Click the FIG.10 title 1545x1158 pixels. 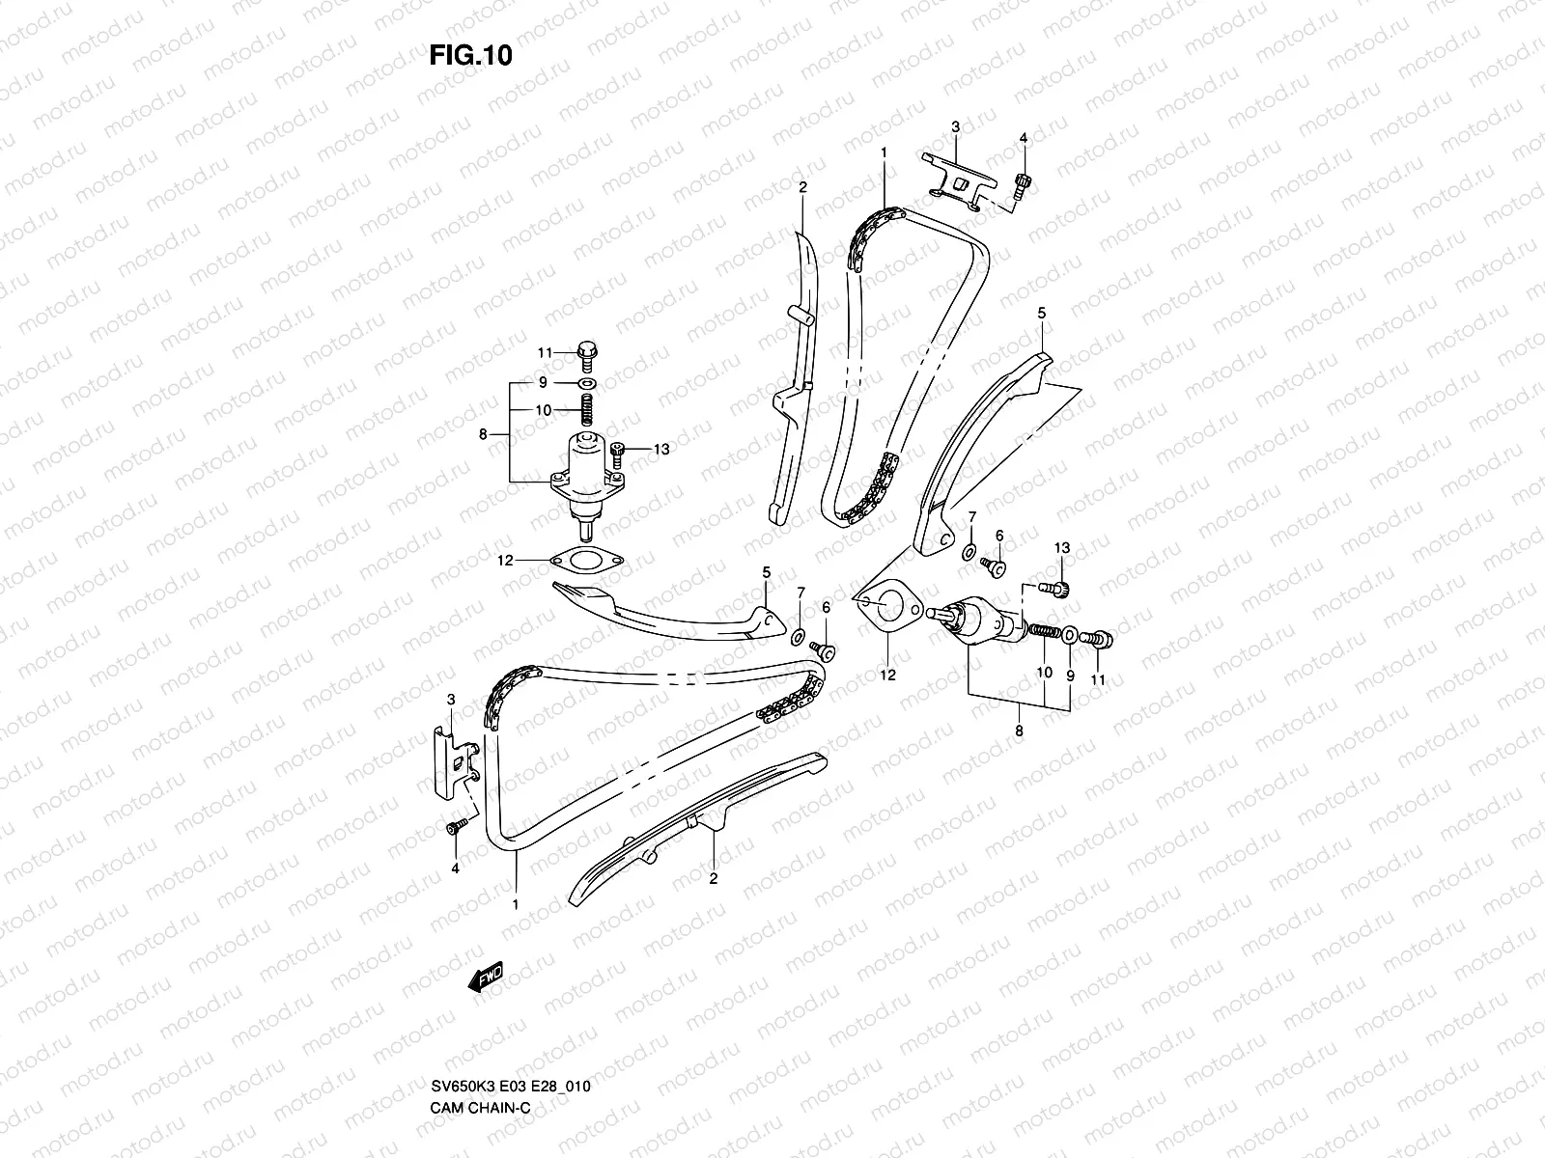[x=470, y=56]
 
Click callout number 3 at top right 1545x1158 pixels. [x=955, y=126]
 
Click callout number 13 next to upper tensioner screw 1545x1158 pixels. [x=661, y=449]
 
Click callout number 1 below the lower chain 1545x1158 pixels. [x=516, y=904]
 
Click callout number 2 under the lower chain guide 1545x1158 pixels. [x=714, y=878]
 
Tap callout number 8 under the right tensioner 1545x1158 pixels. [x=1019, y=731]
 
